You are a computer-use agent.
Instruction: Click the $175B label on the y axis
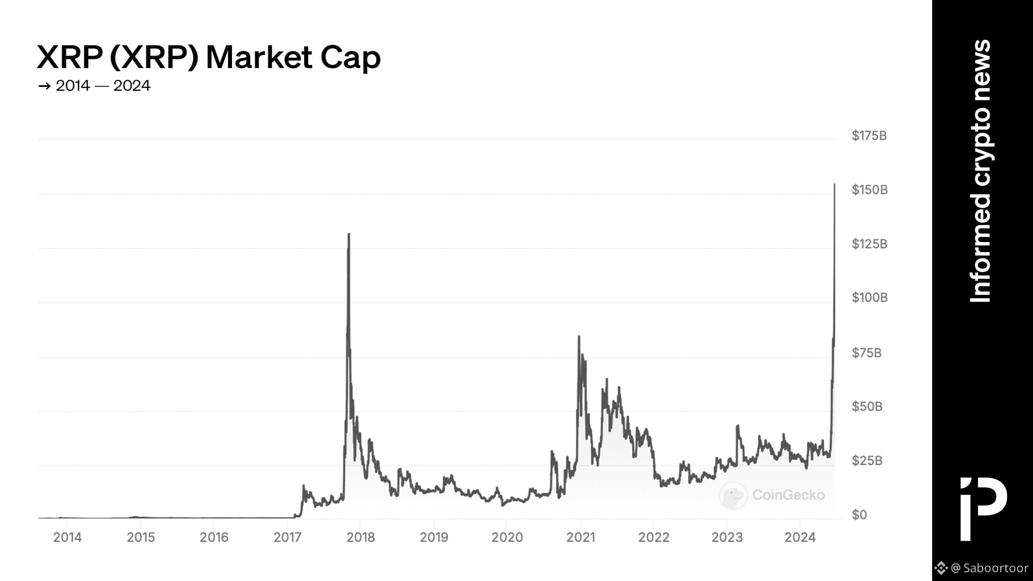(869, 136)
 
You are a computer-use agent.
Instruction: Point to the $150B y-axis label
(870, 190)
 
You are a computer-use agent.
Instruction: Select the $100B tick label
(870, 298)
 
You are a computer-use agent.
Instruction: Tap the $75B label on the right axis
(867, 353)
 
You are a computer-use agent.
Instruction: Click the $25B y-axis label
(867, 460)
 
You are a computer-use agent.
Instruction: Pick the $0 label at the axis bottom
(859, 515)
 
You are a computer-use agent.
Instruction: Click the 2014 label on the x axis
(68, 537)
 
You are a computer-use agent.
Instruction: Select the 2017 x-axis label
(288, 537)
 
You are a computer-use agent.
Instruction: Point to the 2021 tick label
(581, 537)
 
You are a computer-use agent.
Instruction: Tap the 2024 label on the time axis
(800, 537)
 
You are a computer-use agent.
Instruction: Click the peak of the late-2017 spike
(349, 234)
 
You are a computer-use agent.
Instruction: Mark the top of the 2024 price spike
(834, 185)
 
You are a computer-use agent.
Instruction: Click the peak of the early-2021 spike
(579, 336)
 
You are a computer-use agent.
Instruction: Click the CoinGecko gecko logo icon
(733, 495)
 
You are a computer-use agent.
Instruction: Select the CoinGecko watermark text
(788, 495)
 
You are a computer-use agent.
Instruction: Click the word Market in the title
(259, 57)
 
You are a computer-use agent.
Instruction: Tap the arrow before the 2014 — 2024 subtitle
(44, 86)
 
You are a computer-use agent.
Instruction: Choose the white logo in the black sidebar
(983, 508)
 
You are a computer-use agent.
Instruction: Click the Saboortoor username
(996, 568)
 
